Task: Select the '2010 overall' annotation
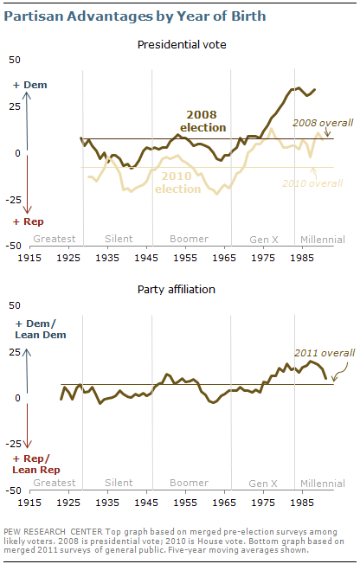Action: click(312, 183)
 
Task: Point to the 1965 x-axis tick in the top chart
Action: click(223, 259)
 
